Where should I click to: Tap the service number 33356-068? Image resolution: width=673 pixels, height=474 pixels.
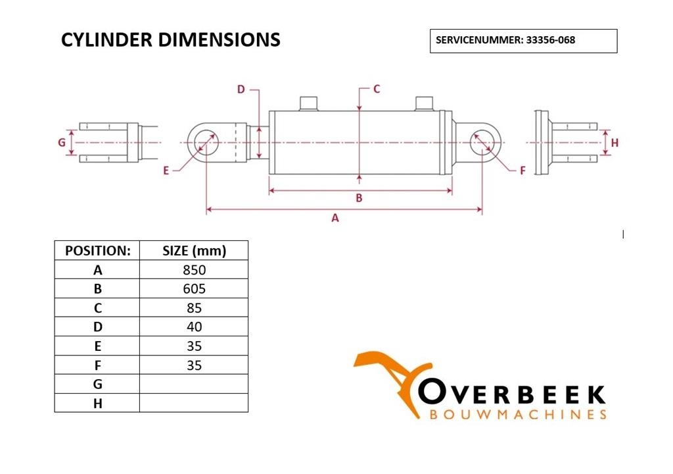click(x=551, y=40)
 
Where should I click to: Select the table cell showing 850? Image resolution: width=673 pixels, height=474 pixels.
click(x=194, y=270)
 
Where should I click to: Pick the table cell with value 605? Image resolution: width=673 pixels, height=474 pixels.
click(x=194, y=288)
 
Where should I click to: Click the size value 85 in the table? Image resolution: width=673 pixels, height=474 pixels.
click(x=194, y=308)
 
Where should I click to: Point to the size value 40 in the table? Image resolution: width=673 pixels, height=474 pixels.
click(x=194, y=327)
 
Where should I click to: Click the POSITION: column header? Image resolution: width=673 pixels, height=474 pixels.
click(x=97, y=250)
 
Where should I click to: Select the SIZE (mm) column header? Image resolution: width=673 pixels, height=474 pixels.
click(x=194, y=250)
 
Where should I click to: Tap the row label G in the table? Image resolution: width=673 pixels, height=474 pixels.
click(x=97, y=384)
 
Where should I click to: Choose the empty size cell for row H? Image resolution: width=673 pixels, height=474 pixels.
click(x=194, y=403)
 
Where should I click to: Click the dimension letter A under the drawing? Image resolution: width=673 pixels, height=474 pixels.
click(x=335, y=218)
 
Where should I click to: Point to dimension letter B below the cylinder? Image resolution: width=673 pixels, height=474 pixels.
click(x=360, y=198)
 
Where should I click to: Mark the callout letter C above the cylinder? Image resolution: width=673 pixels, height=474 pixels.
click(x=377, y=89)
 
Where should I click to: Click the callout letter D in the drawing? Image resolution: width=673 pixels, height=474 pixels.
click(x=241, y=90)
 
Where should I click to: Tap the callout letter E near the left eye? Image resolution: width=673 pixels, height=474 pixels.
click(x=166, y=171)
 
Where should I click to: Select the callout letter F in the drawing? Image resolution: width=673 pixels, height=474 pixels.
click(x=522, y=171)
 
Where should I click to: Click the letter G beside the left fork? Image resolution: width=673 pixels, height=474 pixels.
click(x=62, y=142)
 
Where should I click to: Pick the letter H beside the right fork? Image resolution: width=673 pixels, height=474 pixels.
click(x=615, y=143)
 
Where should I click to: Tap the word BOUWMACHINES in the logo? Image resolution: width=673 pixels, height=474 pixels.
click(x=518, y=415)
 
